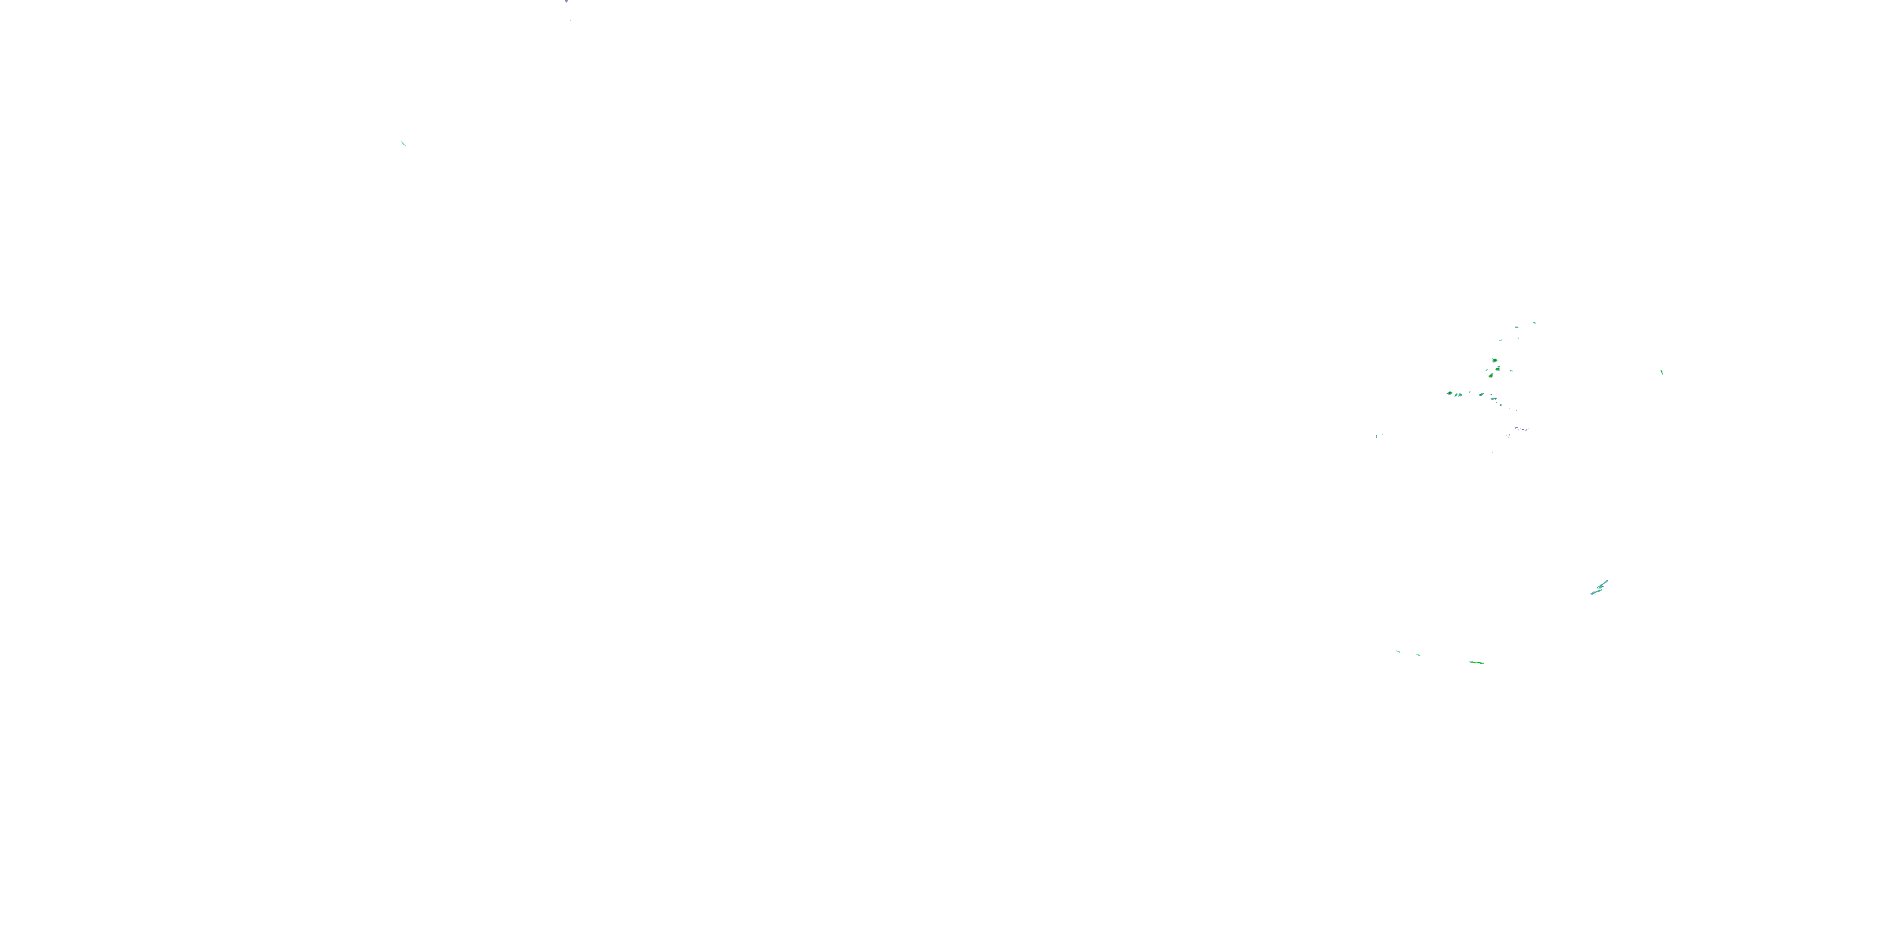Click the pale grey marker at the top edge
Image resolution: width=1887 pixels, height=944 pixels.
(566, 1)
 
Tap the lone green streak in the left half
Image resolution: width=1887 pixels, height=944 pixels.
(403, 143)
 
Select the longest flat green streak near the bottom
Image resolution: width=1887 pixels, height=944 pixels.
(1477, 663)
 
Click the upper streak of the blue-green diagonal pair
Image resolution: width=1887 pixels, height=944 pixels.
(1603, 584)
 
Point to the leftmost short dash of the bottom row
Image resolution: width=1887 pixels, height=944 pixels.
(1398, 651)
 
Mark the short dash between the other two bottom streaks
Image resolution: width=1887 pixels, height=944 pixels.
(1418, 655)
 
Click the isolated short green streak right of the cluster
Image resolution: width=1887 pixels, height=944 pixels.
(1661, 373)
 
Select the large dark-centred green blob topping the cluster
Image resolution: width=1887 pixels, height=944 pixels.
(1495, 360)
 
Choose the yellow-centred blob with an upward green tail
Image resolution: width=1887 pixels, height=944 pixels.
(1491, 375)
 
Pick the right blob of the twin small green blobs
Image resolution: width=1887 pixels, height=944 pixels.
(1460, 395)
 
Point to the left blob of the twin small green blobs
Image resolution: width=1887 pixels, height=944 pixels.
(1456, 395)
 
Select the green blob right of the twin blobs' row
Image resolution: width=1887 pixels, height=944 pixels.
(1481, 395)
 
